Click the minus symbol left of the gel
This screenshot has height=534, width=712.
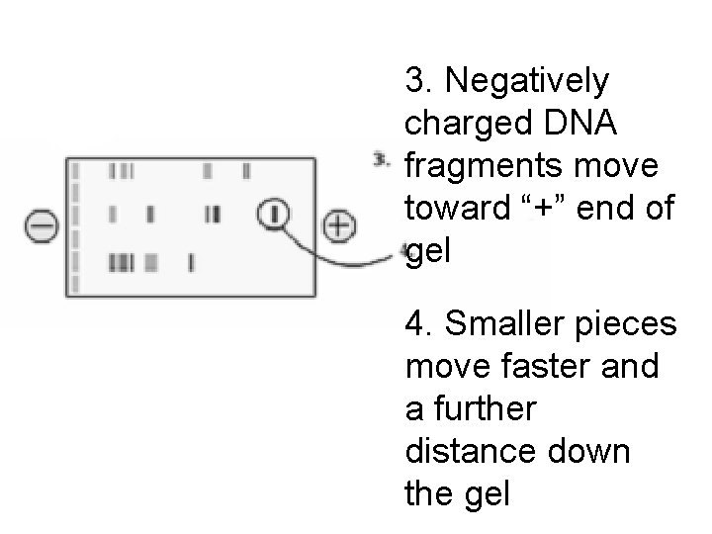[x=41, y=226]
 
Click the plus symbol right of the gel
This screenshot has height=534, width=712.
[x=338, y=225]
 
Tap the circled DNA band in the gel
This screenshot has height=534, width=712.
[x=275, y=213]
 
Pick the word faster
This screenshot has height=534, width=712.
[x=538, y=368]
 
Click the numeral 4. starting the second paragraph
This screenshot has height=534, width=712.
[x=418, y=324]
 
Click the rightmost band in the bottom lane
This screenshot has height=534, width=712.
[x=191, y=263]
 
